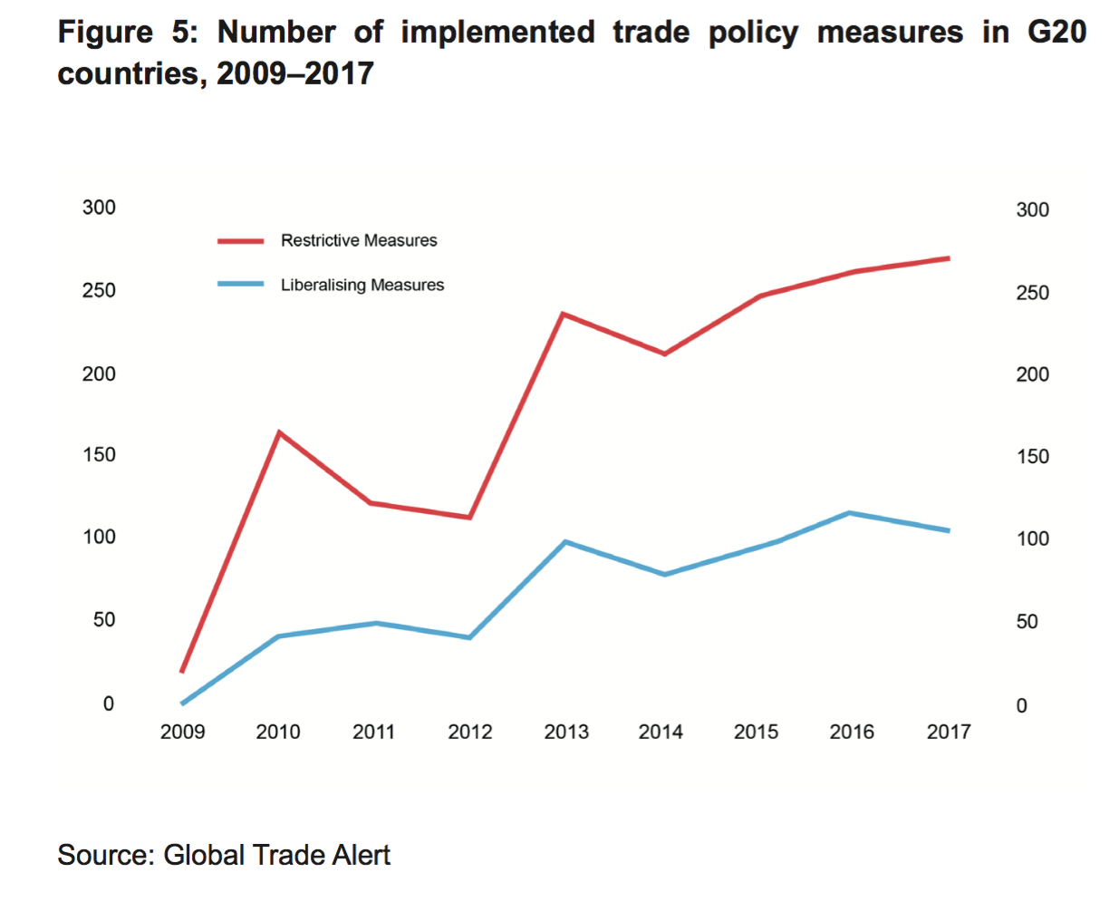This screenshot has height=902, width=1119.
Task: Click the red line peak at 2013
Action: tap(563, 315)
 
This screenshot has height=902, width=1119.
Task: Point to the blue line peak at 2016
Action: tap(849, 513)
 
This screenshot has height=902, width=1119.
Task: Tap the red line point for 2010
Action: tap(279, 432)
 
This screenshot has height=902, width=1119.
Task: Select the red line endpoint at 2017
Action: tap(948, 258)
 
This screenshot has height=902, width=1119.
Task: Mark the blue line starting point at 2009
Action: tap(183, 703)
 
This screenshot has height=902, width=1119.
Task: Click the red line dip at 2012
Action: tap(469, 517)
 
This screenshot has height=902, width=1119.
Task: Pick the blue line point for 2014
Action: tap(664, 574)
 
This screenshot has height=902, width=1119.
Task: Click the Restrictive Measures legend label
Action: tap(359, 240)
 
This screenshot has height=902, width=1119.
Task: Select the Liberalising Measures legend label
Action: tap(362, 285)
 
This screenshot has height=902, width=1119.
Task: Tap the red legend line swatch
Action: tap(240, 241)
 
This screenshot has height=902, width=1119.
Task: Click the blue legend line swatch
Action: tap(240, 285)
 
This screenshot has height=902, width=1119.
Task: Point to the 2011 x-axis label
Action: tap(374, 732)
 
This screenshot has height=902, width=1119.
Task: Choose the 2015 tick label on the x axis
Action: tap(756, 732)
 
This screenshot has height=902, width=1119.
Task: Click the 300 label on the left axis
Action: tap(99, 208)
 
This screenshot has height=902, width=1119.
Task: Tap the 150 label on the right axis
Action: tap(1032, 457)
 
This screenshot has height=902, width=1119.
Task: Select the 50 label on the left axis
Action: tap(104, 620)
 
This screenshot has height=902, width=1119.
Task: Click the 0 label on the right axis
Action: tap(1021, 706)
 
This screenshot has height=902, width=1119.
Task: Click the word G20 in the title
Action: tap(1056, 33)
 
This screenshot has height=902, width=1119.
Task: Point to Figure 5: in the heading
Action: tap(127, 33)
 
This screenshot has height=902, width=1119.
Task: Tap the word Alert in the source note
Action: tap(360, 855)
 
